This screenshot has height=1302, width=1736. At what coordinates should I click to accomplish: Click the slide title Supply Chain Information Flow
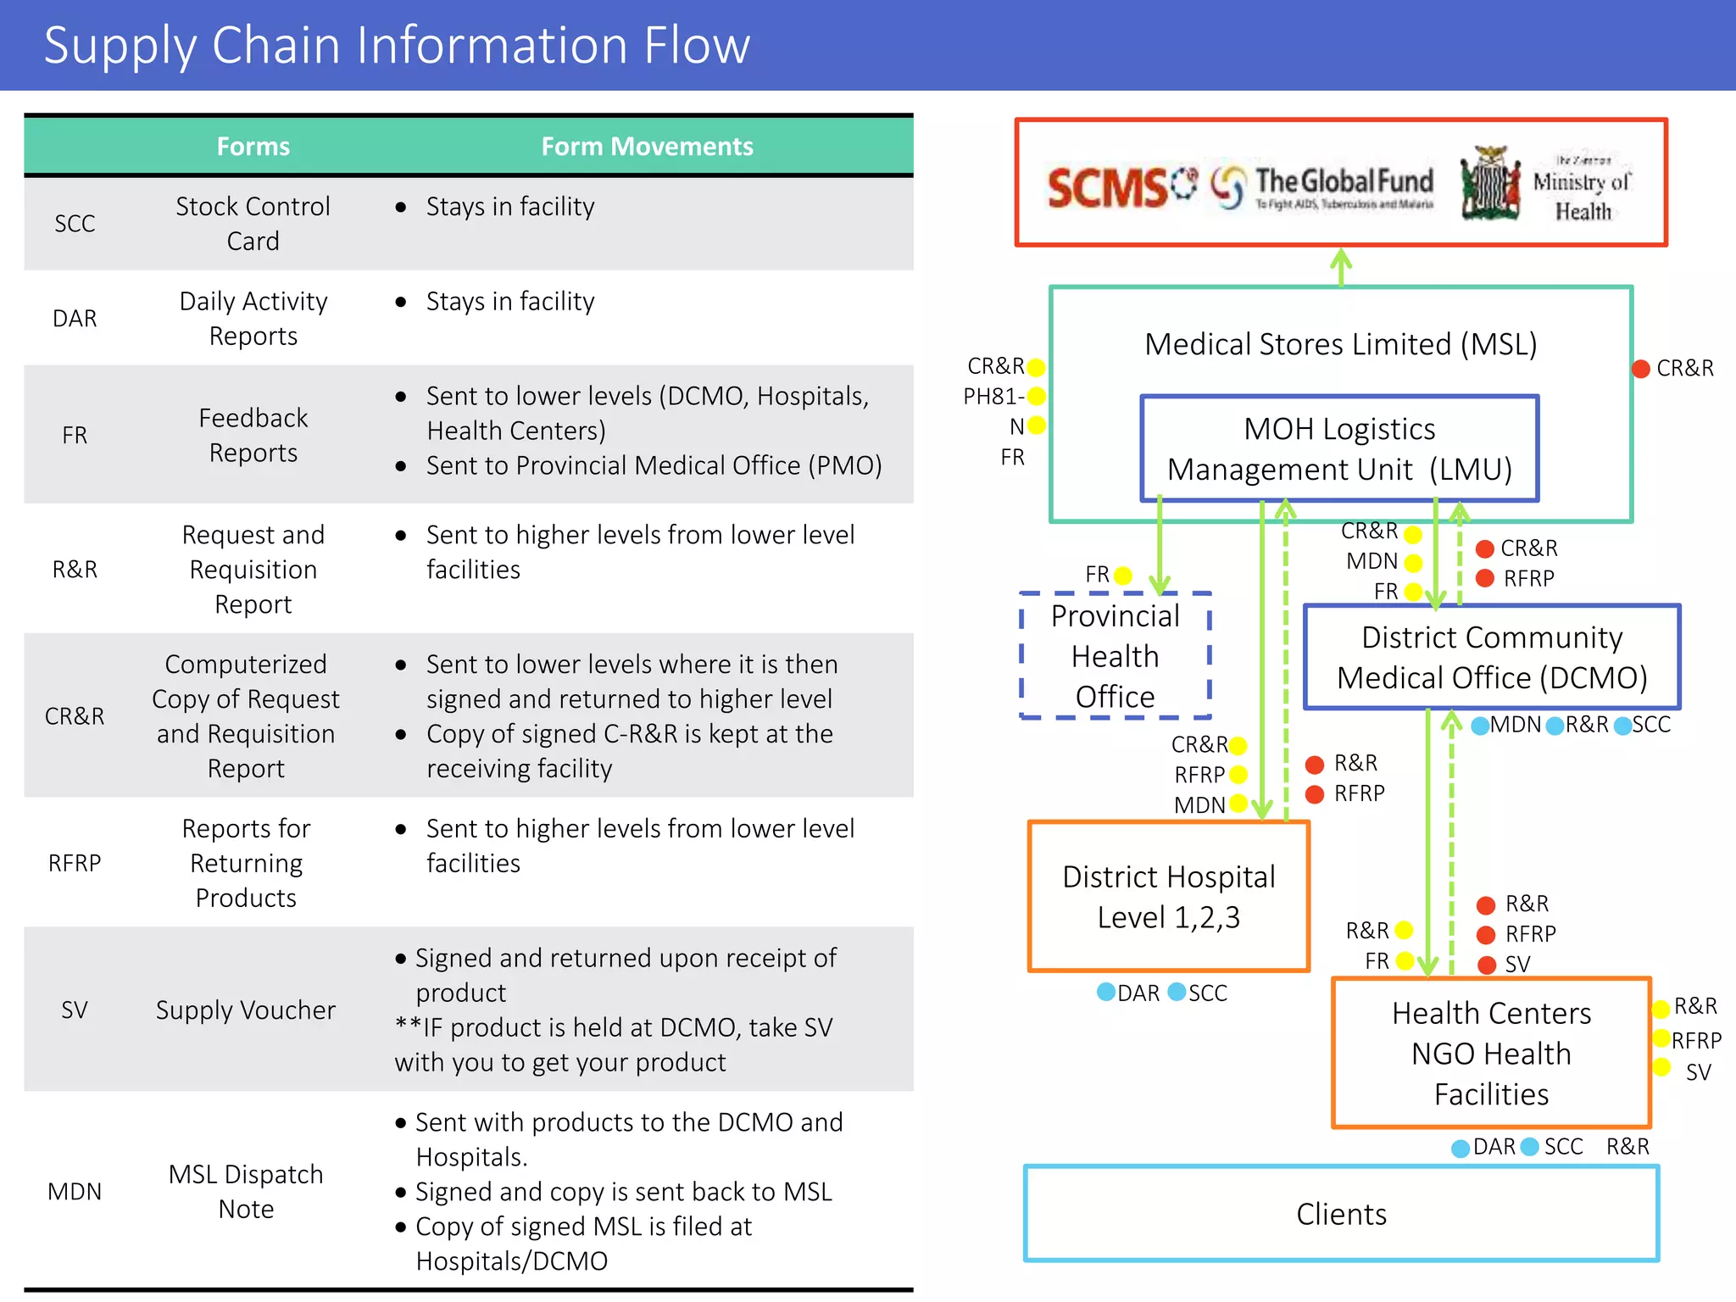coord(397,46)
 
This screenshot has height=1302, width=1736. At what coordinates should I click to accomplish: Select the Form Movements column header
coord(647,147)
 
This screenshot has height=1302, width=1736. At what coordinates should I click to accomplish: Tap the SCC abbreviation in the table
coord(75,224)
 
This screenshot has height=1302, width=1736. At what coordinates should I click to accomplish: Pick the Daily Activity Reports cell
coord(253,319)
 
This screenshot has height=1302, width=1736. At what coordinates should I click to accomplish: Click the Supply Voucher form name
coord(246,1010)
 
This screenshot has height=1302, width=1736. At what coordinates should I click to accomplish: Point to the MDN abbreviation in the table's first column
coord(75,1192)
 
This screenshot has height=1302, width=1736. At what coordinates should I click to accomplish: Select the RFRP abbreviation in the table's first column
coord(75,863)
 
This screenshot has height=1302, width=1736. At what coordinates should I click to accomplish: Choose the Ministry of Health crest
coord(1489,183)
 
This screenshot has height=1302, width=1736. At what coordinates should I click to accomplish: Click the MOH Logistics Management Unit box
coord(1339,449)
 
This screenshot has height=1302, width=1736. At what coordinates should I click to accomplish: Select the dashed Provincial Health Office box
coord(1115,656)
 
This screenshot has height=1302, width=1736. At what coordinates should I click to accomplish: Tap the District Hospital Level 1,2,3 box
coord(1168,897)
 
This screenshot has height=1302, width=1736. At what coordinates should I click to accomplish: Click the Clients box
coord(1341,1214)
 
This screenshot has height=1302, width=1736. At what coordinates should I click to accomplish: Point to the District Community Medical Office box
coord(1492,658)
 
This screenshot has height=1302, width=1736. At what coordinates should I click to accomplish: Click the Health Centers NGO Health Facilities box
coord(1491,1054)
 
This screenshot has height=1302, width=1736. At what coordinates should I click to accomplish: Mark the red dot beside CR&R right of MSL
coord(1641,369)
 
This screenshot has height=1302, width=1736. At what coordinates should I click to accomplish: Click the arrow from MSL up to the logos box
coord(1341,266)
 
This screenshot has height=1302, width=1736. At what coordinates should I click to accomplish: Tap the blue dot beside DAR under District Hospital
coord(1106,992)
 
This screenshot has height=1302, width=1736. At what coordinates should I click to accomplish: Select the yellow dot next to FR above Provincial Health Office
coord(1123,576)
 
